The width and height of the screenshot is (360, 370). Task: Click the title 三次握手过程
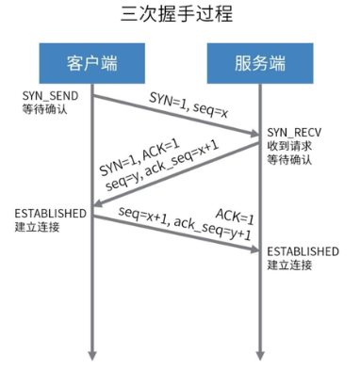tap(176, 14)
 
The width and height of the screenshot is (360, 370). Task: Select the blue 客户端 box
tap(92, 63)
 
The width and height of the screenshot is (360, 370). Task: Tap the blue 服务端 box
tap(260, 63)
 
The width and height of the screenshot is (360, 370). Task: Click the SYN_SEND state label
tap(50, 96)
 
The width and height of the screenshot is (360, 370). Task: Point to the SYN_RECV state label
tap(294, 133)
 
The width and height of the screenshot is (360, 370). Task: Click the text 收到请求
tap(289, 146)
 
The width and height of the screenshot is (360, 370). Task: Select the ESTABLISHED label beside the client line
tap(51, 214)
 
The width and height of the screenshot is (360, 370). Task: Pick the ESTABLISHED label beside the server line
tap(303, 251)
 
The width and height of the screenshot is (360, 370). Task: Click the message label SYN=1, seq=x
tap(188, 105)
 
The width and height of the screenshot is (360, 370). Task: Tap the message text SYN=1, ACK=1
tap(139, 157)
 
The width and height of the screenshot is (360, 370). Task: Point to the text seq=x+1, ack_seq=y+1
tap(185, 224)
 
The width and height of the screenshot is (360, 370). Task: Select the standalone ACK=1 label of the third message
tap(235, 217)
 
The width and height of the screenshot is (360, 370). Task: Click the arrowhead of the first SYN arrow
tap(254, 134)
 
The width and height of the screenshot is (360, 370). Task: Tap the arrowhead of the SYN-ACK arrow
tap(97, 203)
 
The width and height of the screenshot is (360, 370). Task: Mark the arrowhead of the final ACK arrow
tap(254, 249)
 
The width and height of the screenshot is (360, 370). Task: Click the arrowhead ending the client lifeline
tap(92, 356)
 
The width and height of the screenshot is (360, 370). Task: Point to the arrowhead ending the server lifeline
tap(260, 356)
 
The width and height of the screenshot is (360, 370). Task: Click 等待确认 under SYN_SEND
tap(44, 109)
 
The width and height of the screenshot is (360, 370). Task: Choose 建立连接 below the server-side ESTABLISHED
tap(289, 265)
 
